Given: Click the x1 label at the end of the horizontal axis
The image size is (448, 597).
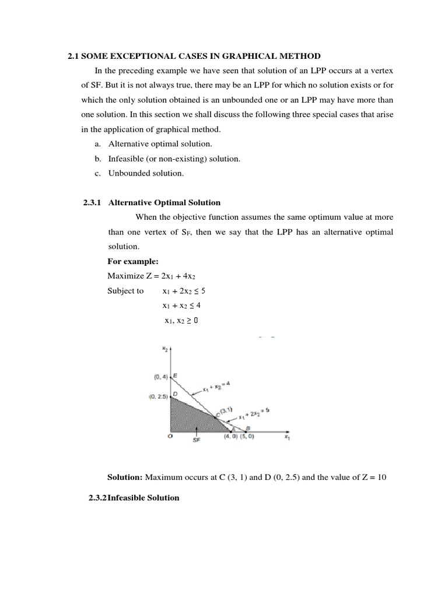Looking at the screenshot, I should [287, 439].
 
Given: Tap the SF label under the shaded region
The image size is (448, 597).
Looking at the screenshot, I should [197, 441].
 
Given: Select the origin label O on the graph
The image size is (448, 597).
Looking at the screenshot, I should [170, 436].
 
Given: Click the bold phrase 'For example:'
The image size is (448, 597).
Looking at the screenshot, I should [129, 261].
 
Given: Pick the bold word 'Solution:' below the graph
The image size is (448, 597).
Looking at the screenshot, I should [125, 477].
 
